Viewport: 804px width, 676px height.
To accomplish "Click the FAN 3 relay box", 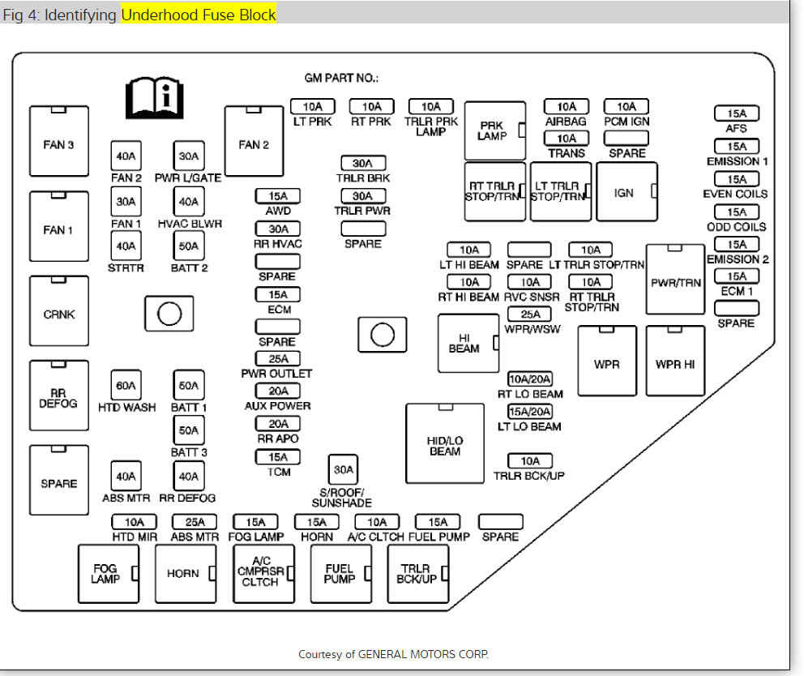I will coord(59,145).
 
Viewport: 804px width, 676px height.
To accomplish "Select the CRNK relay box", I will coord(59,314).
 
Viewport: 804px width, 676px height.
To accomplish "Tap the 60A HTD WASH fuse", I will coord(126,385).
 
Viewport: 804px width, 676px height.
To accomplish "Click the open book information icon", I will coord(155,99).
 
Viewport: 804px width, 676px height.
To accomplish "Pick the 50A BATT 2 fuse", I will coord(189,246).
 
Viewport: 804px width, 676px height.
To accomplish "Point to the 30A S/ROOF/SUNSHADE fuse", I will coord(343,470).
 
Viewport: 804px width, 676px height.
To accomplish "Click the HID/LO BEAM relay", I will coord(445,444).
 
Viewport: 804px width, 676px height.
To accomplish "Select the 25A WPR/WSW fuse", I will coord(530,314).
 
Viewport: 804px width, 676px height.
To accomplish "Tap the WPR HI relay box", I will coord(675,364).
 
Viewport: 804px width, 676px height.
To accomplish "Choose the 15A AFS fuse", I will coord(736,113).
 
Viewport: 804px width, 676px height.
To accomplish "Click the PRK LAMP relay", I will coord(494,131).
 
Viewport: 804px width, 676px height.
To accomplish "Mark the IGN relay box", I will coord(625,192).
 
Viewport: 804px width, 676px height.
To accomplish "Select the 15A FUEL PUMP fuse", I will coord(438,522).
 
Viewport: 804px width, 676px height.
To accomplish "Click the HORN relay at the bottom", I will coord(184,573).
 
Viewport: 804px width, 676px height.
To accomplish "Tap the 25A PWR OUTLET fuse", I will coord(277,359).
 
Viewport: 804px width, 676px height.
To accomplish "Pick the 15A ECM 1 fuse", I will coord(736,277).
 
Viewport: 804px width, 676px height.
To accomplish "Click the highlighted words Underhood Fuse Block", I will coord(199,15).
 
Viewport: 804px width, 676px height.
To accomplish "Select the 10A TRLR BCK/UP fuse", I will coord(529,461).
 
